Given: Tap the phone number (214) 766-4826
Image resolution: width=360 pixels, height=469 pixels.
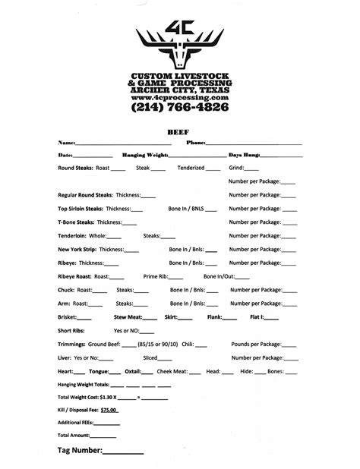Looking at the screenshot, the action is coord(180,109).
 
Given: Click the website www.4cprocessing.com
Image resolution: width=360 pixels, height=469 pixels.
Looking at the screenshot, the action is coord(180,98).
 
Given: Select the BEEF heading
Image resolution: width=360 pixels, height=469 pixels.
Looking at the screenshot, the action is coord(180,131).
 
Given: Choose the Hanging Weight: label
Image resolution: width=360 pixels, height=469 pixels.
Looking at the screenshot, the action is coord(145,155).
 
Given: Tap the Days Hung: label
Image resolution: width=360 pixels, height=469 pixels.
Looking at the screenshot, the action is coord(245,155).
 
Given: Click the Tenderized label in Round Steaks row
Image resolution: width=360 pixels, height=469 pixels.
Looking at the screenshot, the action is coord(190,167).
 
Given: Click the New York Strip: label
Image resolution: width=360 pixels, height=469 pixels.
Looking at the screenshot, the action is coord(78,249).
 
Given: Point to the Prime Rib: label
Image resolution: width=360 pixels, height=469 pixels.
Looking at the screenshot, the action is coord(157,276).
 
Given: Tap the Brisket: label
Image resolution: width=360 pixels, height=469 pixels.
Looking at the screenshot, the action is coord(68,316).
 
